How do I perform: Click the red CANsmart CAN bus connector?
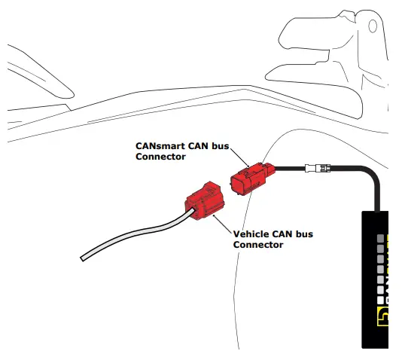[x=251, y=178]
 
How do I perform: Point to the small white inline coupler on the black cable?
[x=314, y=168]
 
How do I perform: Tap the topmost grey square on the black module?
[x=380, y=237]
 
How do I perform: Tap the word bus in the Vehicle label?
[x=303, y=234]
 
